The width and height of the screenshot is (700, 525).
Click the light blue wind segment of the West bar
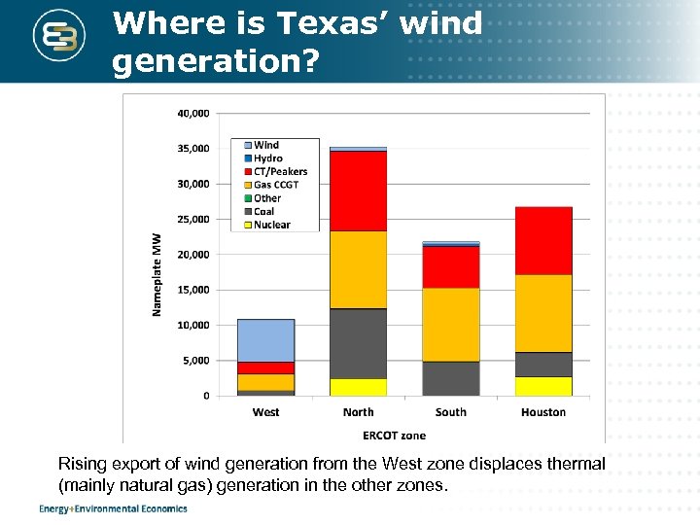pyautogui.click(x=265, y=340)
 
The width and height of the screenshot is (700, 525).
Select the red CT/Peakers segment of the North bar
pyautogui.click(x=358, y=191)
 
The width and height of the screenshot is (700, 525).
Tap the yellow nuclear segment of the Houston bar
pyautogui.click(x=542, y=386)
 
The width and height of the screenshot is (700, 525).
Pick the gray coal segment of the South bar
pyautogui.click(x=450, y=378)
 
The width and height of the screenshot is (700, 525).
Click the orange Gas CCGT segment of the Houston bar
pyautogui.click(x=542, y=313)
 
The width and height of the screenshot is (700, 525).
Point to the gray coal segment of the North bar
pyautogui.click(x=358, y=343)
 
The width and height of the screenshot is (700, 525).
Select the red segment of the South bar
pyautogui.click(x=450, y=266)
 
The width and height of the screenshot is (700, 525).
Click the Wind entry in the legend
pyautogui.click(x=265, y=146)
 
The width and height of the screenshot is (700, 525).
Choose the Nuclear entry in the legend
pyautogui.click(x=271, y=225)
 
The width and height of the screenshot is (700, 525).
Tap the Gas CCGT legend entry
pyautogui.click(x=276, y=185)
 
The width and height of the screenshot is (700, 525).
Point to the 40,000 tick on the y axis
pyautogui.click(x=192, y=114)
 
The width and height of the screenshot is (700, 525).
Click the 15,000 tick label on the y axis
pyautogui.click(x=192, y=290)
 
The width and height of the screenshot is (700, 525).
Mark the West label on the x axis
pyautogui.click(x=265, y=412)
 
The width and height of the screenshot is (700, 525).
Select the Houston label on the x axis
pyautogui.click(x=542, y=412)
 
